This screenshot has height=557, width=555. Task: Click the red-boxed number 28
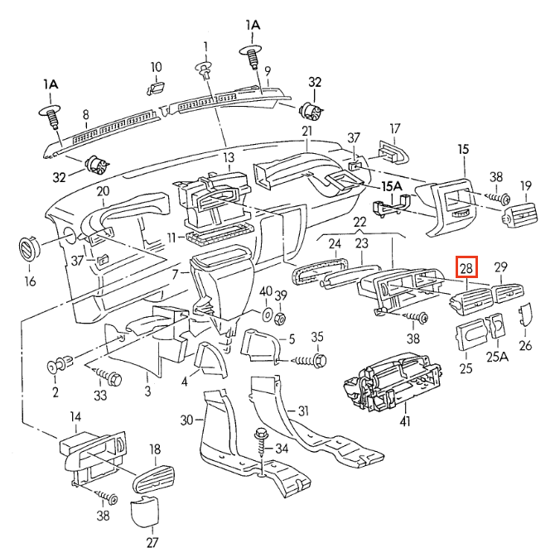[x=467, y=267]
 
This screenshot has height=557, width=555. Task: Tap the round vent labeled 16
[x=30, y=249]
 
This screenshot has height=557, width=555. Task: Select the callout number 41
[x=405, y=422]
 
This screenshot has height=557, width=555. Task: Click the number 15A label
[x=388, y=186]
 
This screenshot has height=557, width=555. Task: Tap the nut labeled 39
[x=280, y=317]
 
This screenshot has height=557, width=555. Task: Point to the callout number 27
[x=152, y=543]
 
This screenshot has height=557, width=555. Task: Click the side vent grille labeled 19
[x=518, y=216]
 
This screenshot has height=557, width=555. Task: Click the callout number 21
[x=306, y=132]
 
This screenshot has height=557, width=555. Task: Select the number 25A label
[x=497, y=357]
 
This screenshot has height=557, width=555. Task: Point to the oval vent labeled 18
[x=153, y=481]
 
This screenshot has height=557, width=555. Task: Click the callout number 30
[x=186, y=420]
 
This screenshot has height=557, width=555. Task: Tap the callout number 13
[x=229, y=156]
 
